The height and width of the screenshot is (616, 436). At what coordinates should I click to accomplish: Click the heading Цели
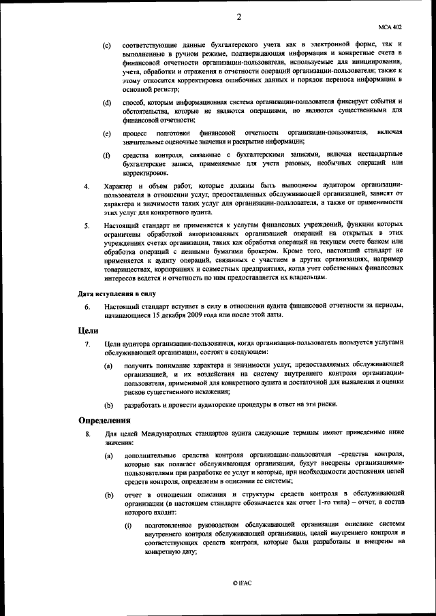point(89,329)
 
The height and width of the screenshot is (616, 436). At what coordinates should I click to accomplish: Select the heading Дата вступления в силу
point(116,293)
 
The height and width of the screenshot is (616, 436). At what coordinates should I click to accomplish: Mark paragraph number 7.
point(87,344)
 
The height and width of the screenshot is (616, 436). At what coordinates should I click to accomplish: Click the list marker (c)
point(107,45)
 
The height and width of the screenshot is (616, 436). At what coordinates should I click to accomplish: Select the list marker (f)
point(107,156)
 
